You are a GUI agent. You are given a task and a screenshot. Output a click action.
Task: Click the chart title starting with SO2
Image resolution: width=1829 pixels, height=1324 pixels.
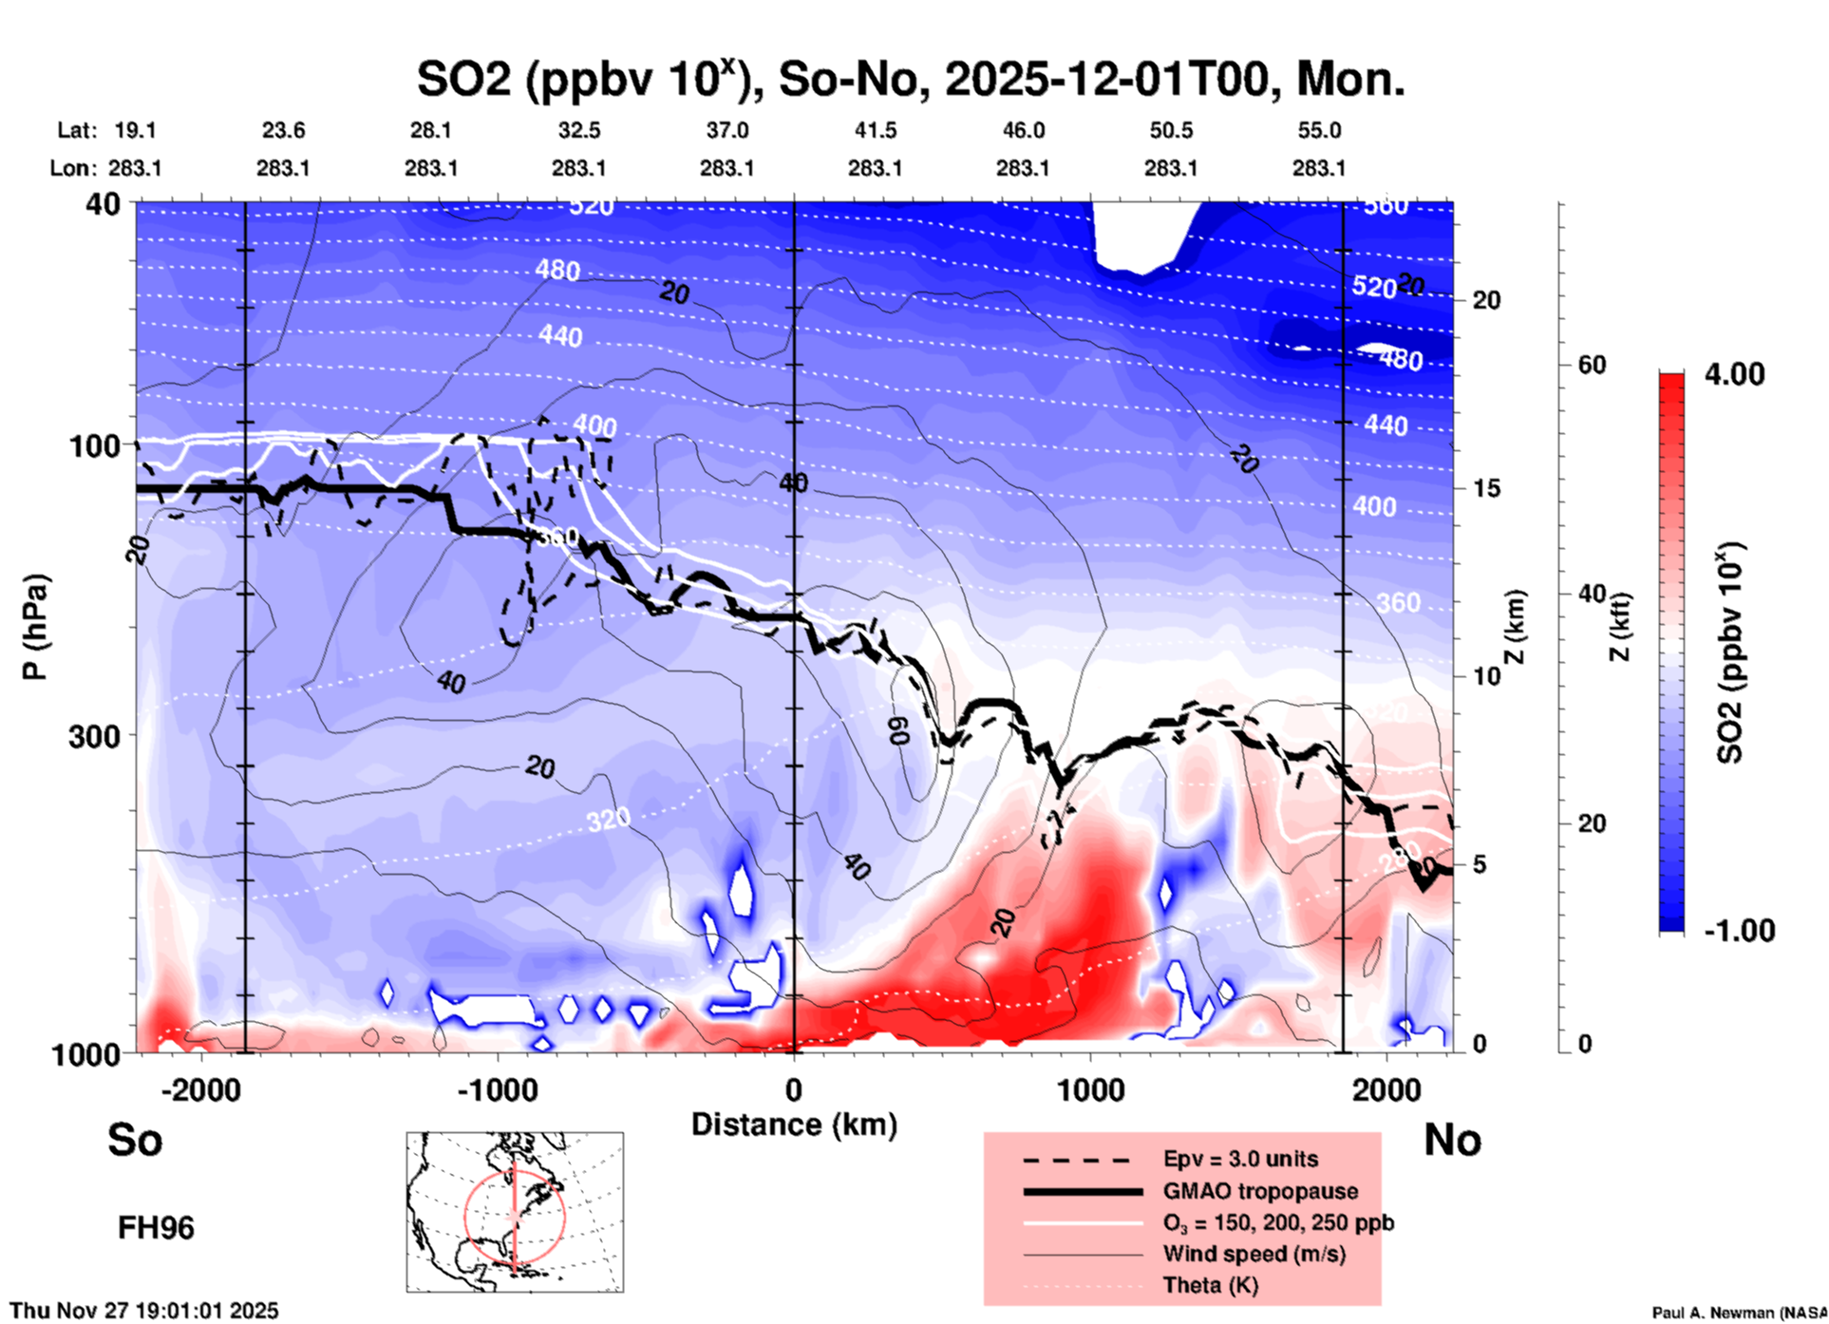[x=910, y=79]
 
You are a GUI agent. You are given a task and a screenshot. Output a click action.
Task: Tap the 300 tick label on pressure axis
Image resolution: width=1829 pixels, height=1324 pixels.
[x=94, y=736]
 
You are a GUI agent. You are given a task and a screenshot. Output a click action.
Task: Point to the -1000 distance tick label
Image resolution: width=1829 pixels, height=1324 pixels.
[x=497, y=1089]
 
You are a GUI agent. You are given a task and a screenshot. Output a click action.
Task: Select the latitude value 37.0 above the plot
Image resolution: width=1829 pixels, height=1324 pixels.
[x=726, y=130]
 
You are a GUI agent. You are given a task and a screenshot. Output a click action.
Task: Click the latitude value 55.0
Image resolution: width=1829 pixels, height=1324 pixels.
[x=1319, y=130]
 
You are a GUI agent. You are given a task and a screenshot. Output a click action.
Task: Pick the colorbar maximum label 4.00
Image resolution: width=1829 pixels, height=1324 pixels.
[x=1734, y=373]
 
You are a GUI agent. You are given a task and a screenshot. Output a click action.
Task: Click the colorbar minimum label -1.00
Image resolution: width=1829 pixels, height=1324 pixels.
[x=1739, y=930]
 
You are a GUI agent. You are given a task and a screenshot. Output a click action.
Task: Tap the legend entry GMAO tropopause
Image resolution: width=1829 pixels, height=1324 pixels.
[x=1260, y=1191]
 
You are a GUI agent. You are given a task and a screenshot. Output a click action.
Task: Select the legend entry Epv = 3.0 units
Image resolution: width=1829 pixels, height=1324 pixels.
[x=1240, y=1159]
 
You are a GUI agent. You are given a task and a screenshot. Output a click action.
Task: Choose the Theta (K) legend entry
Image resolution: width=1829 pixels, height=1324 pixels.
[x=1210, y=1285]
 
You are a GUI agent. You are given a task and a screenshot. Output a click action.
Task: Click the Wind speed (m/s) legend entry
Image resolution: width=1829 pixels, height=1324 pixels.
[x=1254, y=1254]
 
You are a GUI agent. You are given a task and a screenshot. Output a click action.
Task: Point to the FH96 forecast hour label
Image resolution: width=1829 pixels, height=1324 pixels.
[x=156, y=1228]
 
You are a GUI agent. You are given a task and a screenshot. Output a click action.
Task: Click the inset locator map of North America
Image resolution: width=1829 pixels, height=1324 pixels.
[x=515, y=1211]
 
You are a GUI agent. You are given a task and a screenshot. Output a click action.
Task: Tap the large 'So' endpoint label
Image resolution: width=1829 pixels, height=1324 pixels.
[x=135, y=1140]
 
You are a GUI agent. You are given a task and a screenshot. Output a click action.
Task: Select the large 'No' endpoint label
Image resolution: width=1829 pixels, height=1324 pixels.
[x=1452, y=1140]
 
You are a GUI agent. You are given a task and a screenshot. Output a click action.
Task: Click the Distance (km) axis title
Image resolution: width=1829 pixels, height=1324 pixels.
[x=794, y=1125]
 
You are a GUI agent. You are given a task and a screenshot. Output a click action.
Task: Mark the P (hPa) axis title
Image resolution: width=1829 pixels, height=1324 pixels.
[x=35, y=627]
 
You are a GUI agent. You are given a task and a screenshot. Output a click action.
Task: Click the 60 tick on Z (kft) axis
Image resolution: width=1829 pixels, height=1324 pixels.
[x=1592, y=366]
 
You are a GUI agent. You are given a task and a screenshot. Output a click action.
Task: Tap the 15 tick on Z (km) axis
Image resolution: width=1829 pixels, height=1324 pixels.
[x=1486, y=488]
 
